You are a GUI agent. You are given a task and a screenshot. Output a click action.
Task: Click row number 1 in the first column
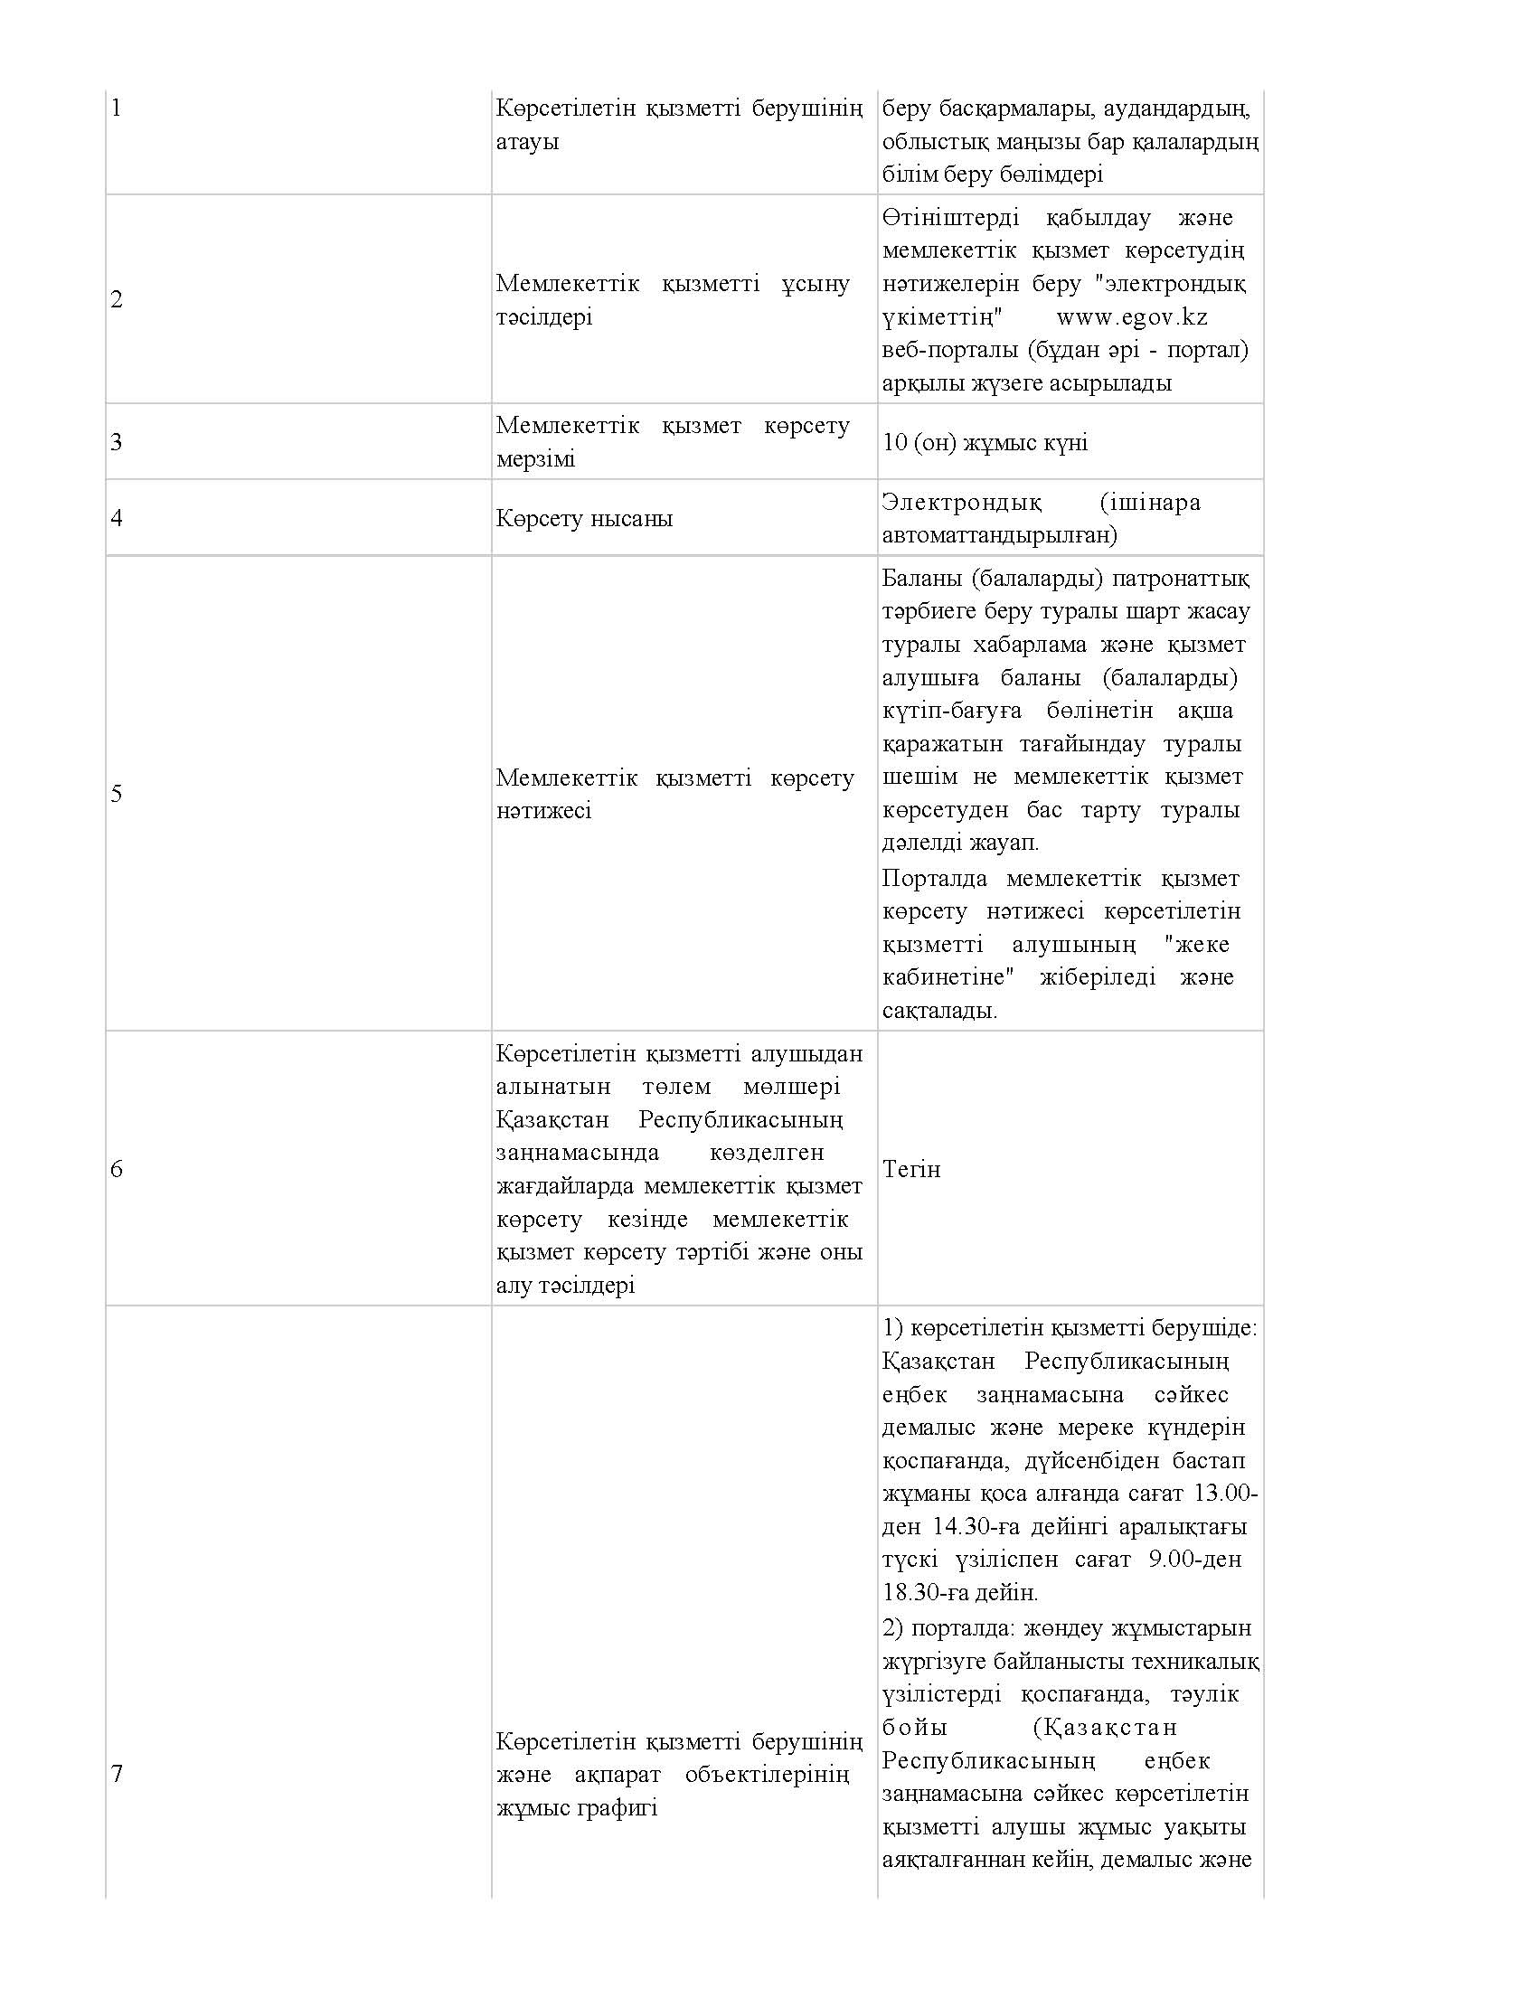116,108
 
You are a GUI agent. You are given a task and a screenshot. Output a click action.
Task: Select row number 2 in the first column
116,299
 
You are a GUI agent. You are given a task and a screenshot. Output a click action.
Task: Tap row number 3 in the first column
116,443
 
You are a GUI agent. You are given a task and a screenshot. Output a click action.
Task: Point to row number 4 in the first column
116,518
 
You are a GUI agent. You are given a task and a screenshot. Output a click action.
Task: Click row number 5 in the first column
116,793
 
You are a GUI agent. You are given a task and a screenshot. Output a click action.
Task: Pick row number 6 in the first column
116,1168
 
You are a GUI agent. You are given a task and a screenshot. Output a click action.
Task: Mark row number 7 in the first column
116,1773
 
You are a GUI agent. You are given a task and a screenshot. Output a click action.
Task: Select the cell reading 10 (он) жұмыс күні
985,443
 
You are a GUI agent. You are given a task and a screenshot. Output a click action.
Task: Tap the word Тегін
910,1168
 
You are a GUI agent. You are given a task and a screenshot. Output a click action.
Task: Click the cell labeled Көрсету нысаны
585,519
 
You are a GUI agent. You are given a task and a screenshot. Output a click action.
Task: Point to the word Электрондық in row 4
962,502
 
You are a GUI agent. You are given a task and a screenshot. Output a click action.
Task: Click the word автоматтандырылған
999,534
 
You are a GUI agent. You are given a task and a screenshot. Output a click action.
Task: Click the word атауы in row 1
527,142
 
